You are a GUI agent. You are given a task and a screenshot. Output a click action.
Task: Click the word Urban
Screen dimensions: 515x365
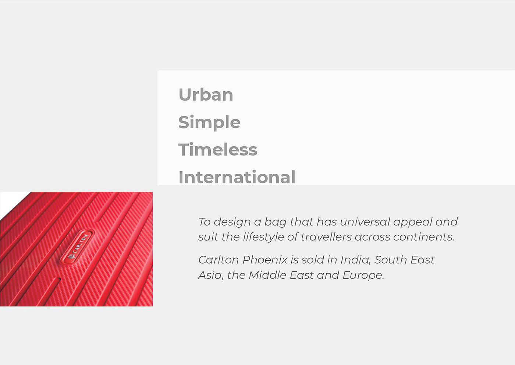(206, 94)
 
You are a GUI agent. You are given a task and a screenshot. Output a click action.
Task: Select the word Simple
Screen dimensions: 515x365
(209, 123)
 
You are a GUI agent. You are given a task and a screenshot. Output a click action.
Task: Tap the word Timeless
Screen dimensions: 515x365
(218, 150)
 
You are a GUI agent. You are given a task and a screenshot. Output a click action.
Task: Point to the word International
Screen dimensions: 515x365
(237, 177)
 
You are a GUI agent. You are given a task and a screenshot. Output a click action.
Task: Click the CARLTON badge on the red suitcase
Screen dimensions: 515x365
(77, 246)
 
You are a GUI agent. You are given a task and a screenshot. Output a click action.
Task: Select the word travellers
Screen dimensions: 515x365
(326, 237)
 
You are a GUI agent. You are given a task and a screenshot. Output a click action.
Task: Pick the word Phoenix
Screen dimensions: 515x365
(265, 260)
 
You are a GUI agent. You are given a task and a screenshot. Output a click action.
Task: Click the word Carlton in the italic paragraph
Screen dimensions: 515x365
(219, 260)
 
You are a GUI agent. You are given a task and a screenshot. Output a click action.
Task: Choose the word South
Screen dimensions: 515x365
(391, 260)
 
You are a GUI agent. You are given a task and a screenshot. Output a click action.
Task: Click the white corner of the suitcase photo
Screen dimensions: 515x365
(10, 201)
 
